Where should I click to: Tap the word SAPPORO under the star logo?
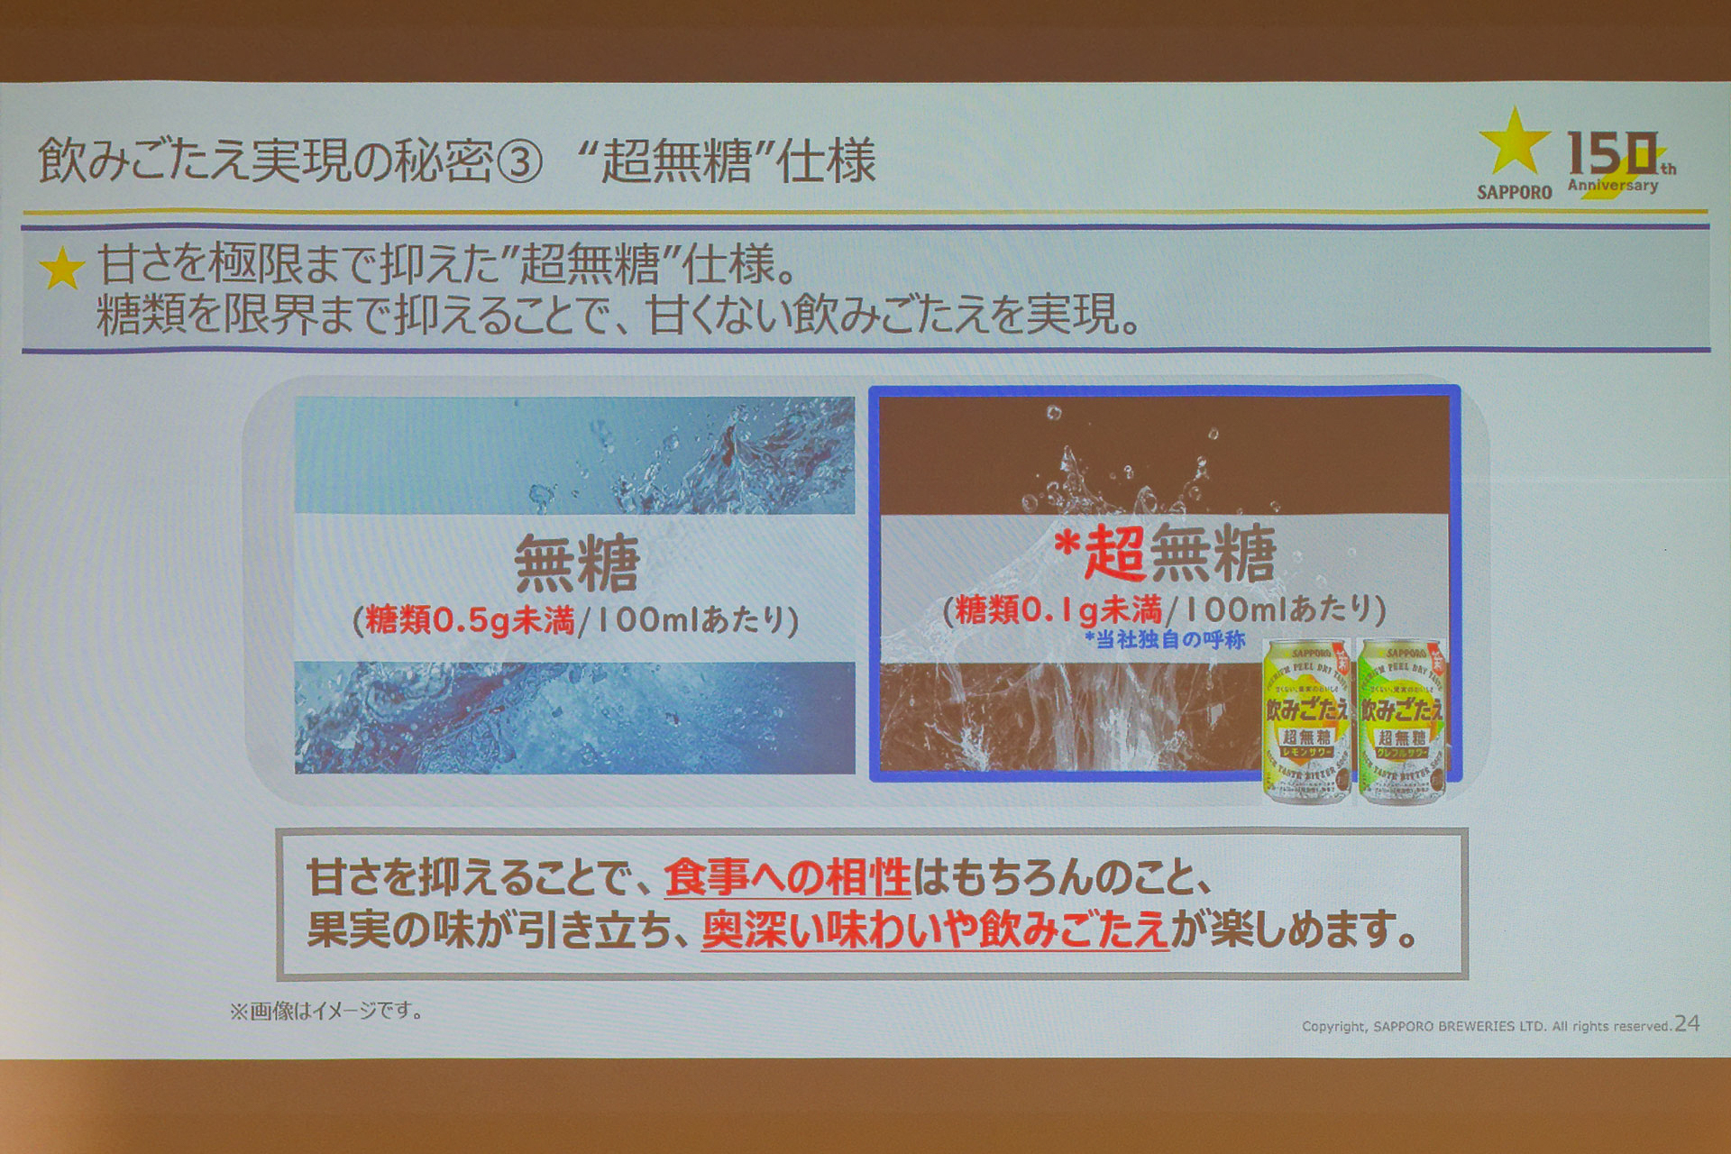click(x=1514, y=192)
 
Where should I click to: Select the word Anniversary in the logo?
click(x=1612, y=186)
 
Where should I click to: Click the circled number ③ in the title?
click(x=519, y=162)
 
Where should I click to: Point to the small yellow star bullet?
click(x=62, y=269)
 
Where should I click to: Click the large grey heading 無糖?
click(x=576, y=563)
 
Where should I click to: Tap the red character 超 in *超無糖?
click(x=1114, y=553)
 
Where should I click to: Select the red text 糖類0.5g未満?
click(x=470, y=620)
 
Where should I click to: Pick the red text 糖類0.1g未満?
click(x=1058, y=610)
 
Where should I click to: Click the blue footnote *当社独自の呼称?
click(x=1165, y=640)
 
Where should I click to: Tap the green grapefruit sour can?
click(x=1402, y=721)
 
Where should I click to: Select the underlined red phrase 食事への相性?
click(x=787, y=877)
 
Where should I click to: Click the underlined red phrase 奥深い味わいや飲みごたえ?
click(x=935, y=930)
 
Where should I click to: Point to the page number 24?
click(x=1687, y=1023)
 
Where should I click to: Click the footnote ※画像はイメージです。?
click(x=326, y=1012)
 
